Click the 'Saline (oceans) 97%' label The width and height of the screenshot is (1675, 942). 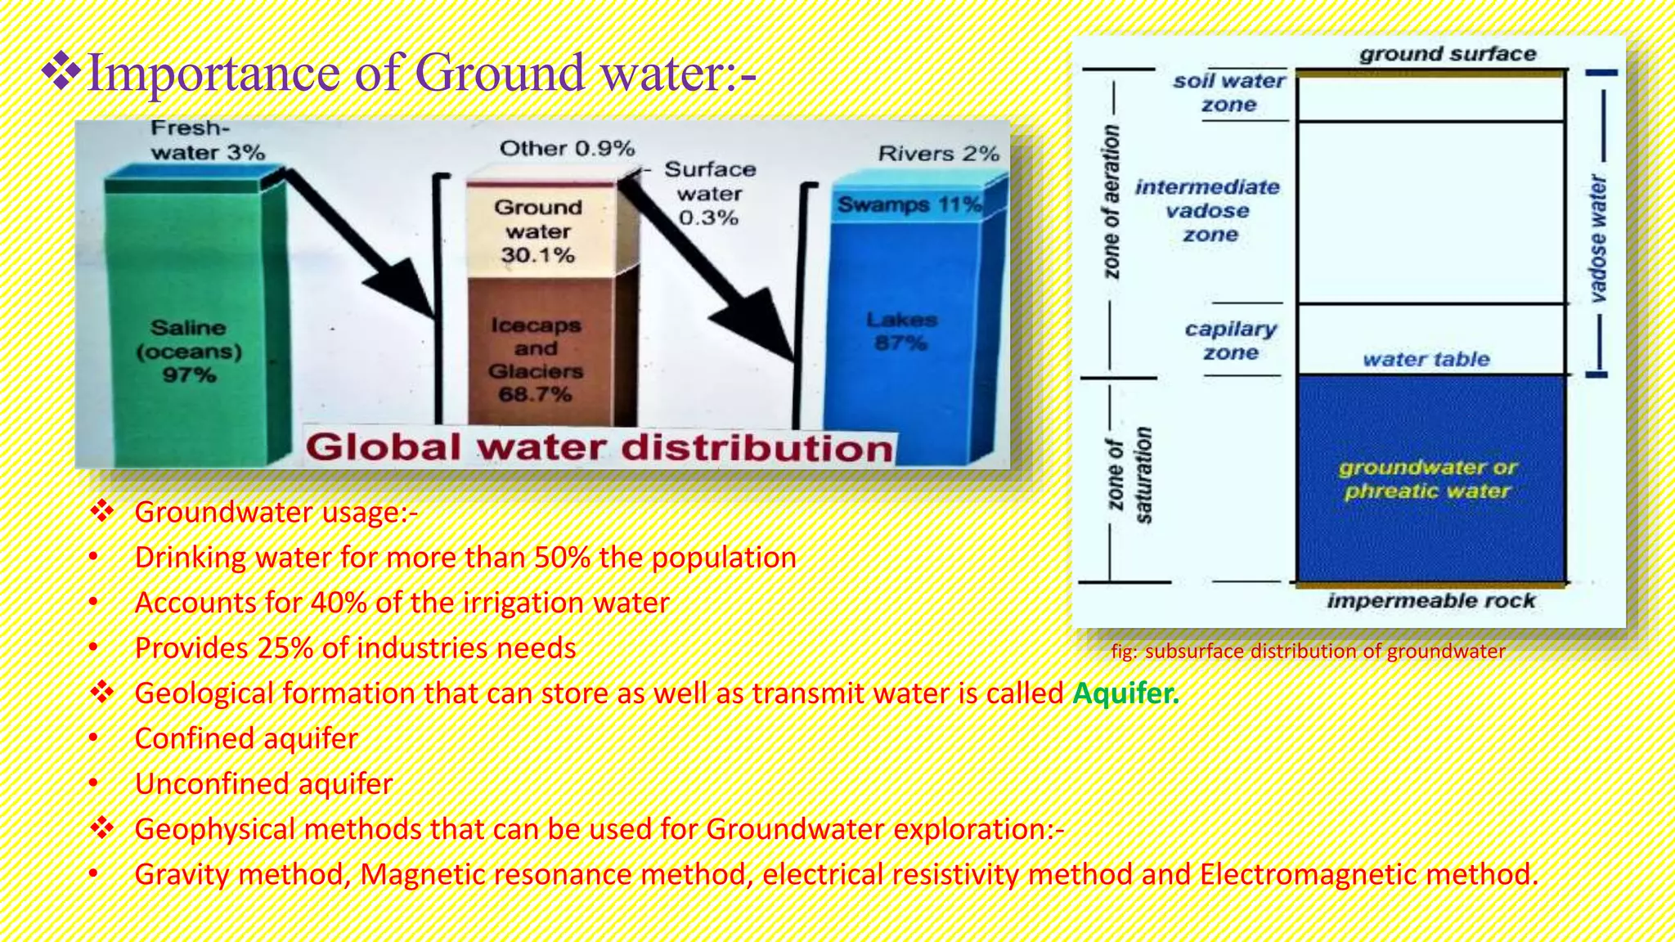click(189, 351)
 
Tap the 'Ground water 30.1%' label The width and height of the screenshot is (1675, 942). click(538, 231)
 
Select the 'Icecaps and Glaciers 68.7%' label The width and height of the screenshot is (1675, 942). click(536, 360)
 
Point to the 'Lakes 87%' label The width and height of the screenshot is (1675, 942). click(901, 331)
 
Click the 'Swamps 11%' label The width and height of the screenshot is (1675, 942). click(909, 204)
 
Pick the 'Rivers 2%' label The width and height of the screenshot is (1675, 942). click(938, 154)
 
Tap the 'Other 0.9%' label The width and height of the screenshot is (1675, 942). click(567, 149)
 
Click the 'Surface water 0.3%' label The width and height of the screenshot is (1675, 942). click(709, 194)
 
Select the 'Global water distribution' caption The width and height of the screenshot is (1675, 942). click(599, 448)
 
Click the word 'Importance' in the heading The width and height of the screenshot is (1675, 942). click(213, 73)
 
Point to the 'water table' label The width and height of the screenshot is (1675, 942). click(1426, 359)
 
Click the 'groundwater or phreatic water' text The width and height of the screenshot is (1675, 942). click(1427, 479)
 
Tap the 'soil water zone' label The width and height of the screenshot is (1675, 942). click(1229, 92)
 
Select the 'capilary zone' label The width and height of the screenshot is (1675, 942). click(1230, 341)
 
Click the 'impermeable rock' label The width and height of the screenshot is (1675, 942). click(1430, 601)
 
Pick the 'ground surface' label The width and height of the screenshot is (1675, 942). click(1448, 54)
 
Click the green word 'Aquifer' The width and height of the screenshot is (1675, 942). click(1125, 693)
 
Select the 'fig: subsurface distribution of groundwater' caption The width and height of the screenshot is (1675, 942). click(1308, 652)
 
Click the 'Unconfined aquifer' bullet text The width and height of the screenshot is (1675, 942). click(263, 784)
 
